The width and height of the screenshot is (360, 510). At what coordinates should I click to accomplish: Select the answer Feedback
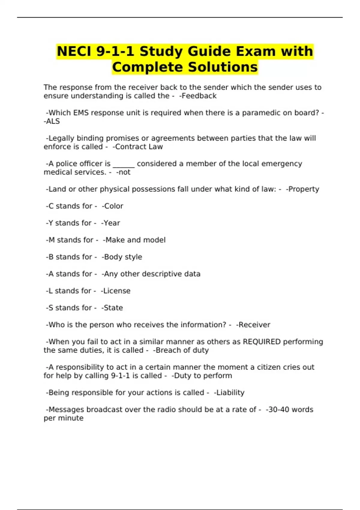pyautogui.click(x=199, y=96)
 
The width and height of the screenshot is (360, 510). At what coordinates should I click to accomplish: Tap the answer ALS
pyautogui.click(x=53, y=121)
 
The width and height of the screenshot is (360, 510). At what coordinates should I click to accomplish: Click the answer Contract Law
pyautogui.click(x=139, y=147)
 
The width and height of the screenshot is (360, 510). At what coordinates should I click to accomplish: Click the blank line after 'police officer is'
pyautogui.click(x=124, y=164)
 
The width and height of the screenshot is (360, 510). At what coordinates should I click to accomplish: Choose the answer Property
pyautogui.click(x=304, y=189)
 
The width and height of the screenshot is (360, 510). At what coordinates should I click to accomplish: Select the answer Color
pyautogui.click(x=113, y=206)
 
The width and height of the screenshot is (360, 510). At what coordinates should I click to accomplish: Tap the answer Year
pyautogui.click(x=112, y=223)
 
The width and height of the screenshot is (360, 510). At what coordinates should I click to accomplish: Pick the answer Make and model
pyautogui.click(x=135, y=240)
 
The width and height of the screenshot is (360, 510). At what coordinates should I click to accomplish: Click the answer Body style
pyautogui.click(x=123, y=257)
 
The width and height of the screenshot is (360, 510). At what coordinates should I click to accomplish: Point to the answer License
pyautogui.click(x=117, y=291)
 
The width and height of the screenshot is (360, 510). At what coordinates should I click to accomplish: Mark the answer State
pyautogui.click(x=113, y=308)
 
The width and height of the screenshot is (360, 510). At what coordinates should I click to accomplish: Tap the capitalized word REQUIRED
pyautogui.click(x=262, y=342)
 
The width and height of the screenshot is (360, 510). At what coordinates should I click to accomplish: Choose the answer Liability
pyautogui.click(x=230, y=393)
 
